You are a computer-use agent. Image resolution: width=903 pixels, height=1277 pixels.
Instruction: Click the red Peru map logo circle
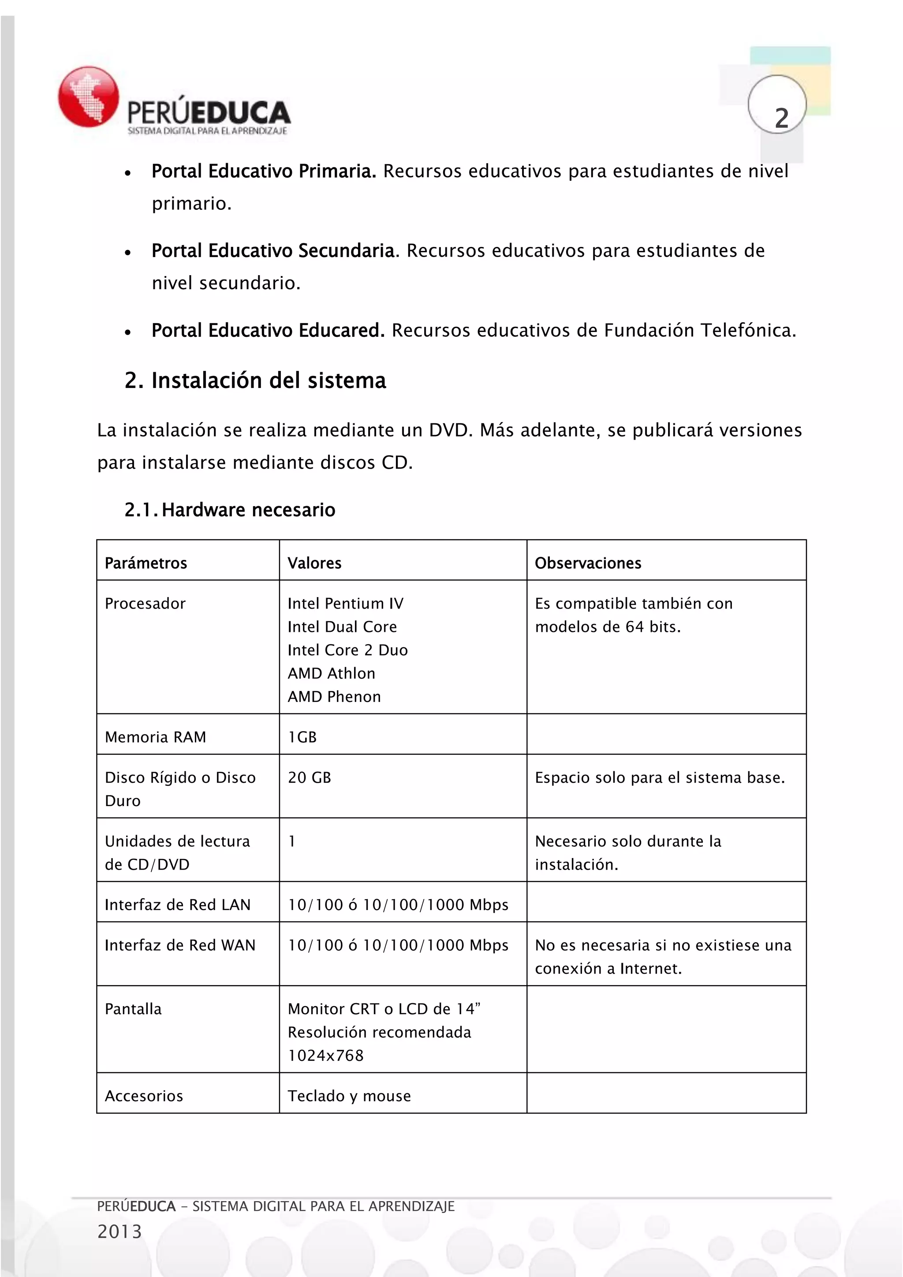(x=89, y=96)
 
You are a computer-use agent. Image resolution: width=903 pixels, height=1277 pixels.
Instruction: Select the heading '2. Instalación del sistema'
(x=255, y=381)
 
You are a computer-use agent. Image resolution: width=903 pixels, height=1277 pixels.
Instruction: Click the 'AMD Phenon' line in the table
(x=334, y=696)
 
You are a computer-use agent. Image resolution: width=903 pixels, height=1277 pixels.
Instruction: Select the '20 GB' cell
(x=309, y=777)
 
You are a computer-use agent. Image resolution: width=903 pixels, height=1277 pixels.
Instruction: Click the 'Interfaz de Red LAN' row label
(x=177, y=905)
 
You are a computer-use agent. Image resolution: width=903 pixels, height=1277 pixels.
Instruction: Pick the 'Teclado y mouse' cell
(x=349, y=1096)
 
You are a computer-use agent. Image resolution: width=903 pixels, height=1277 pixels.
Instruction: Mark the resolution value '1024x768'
(x=325, y=1055)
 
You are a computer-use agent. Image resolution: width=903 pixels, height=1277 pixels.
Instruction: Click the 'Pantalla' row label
(x=133, y=1009)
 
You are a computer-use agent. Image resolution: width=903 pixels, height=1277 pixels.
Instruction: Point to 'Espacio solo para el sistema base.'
(x=660, y=777)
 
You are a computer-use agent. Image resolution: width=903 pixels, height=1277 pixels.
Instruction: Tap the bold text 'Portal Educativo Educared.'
(x=268, y=330)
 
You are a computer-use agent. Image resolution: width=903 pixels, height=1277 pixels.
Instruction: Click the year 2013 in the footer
(x=119, y=1232)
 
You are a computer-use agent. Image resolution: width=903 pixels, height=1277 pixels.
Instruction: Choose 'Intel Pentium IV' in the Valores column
(x=345, y=604)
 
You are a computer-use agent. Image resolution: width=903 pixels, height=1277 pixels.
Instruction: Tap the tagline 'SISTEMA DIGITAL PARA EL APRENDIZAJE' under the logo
(x=207, y=131)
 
